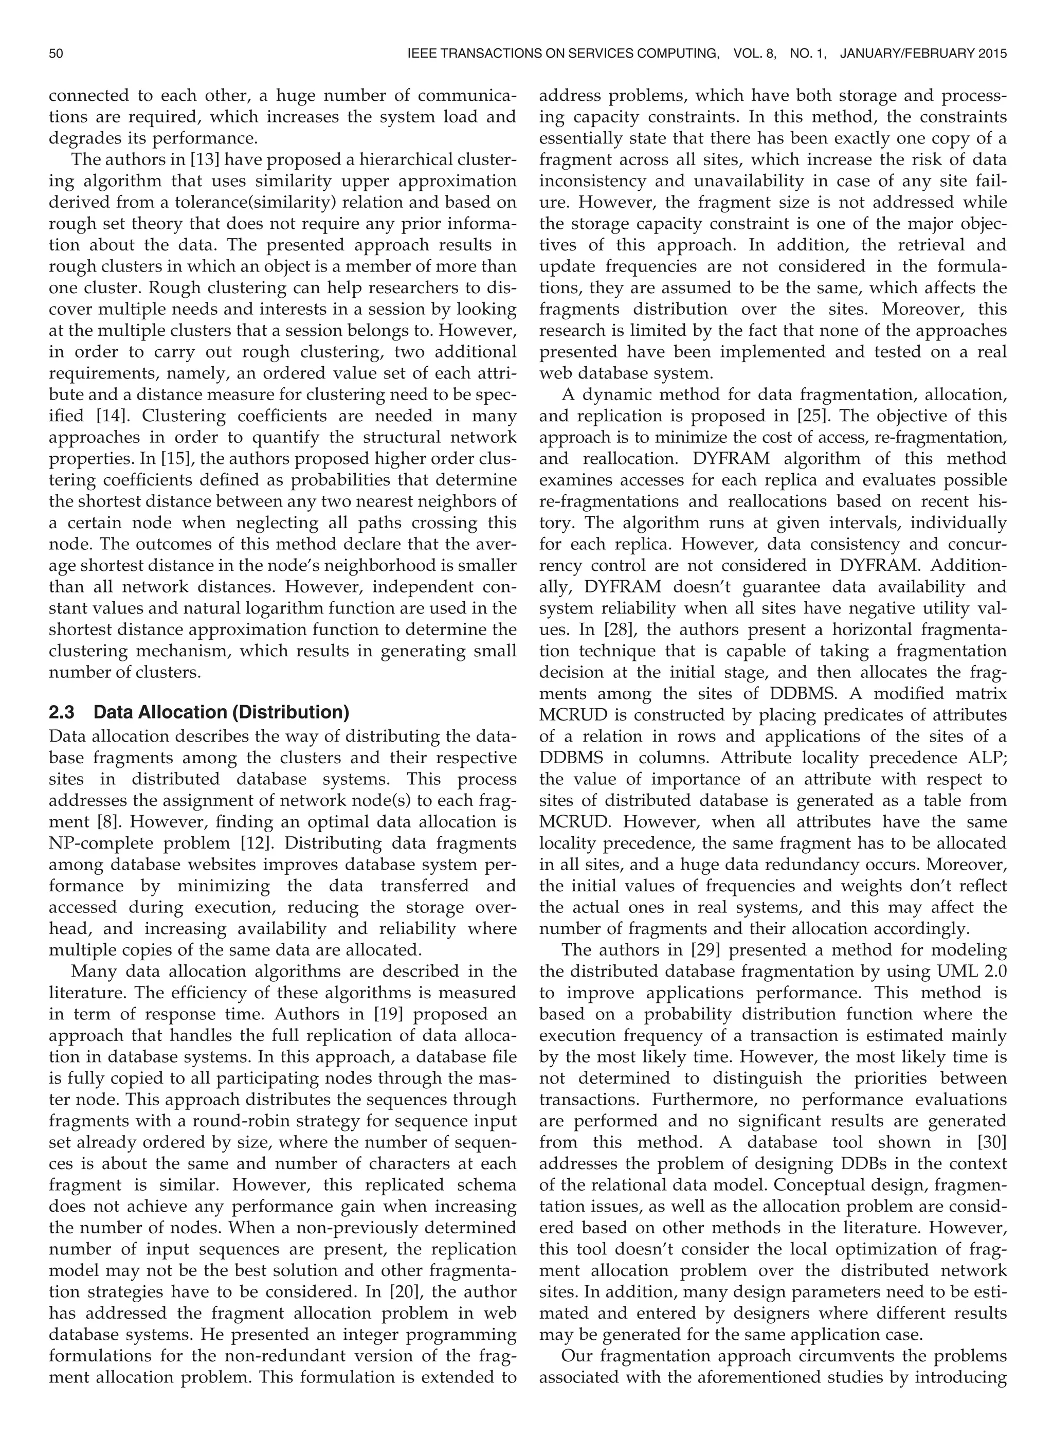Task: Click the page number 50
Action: tap(56, 54)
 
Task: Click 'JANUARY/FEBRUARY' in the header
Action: tap(906, 54)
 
